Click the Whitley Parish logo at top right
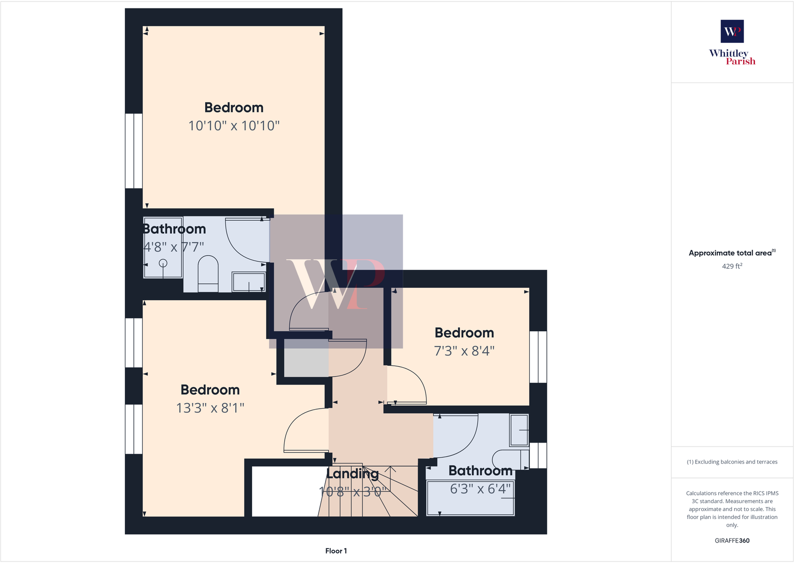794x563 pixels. pyautogui.click(x=732, y=42)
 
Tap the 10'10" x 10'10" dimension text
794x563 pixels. pyautogui.click(x=234, y=126)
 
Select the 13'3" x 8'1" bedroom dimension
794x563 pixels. pyautogui.click(x=210, y=408)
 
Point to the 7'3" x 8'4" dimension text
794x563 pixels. pyautogui.click(x=464, y=351)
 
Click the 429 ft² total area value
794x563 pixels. pyautogui.click(x=732, y=266)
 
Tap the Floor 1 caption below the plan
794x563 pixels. pyautogui.click(x=336, y=551)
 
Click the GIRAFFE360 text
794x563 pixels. pyautogui.click(x=732, y=541)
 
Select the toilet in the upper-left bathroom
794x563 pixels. pyautogui.click(x=208, y=274)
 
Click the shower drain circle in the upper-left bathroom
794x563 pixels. pyautogui.click(x=163, y=263)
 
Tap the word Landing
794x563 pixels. pyautogui.click(x=353, y=474)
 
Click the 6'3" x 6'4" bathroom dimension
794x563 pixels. pyautogui.click(x=480, y=489)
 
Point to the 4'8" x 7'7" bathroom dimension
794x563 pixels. pyautogui.click(x=174, y=247)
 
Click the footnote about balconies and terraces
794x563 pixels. pyautogui.click(x=732, y=462)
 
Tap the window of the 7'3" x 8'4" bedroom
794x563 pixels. pyautogui.click(x=538, y=357)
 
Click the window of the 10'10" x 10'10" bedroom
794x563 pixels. pyautogui.click(x=134, y=151)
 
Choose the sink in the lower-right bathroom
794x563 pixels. pyautogui.click(x=519, y=430)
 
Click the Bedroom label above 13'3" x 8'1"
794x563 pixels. pyautogui.click(x=210, y=390)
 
